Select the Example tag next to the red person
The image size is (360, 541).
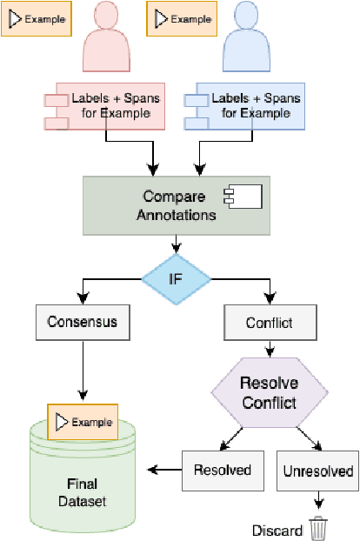point(36,19)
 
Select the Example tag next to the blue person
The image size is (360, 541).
point(183,19)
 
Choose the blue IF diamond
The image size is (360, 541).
point(177,279)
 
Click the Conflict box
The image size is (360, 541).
point(270,323)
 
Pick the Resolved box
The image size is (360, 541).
point(217,471)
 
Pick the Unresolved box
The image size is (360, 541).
point(317,471)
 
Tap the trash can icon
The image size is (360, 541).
point(319,529)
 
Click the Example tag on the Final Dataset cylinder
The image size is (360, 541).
point(83,422)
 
